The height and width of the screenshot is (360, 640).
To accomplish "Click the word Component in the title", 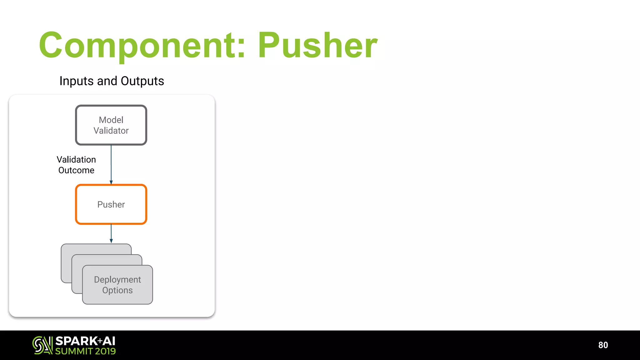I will [x=139, y=46].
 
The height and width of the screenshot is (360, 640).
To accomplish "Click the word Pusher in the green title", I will [x=317, y=46].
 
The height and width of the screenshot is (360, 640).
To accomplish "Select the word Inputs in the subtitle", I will [x=77, y=81].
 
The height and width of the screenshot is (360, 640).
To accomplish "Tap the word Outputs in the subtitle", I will [x=142, y=81].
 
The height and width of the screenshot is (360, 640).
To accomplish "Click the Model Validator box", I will [x=111, y=125].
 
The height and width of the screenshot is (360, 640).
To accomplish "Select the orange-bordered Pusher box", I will [x=111, y=204].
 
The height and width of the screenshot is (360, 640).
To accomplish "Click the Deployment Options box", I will [x=117, y=285].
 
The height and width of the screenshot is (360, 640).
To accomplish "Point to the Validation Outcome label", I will [x=76, y=165].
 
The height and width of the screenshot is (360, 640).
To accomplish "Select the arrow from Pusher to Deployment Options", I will [x=111, y=233].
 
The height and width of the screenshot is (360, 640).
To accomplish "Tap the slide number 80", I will [x=603, y=345].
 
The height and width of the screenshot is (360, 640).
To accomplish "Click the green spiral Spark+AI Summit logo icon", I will [x=42, y=345].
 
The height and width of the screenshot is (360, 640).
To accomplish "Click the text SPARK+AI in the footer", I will [x=85, y=341].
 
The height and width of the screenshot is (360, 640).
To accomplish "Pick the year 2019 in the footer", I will [x=105, y=351].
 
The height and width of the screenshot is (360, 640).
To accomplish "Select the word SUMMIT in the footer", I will [x=74, y=351].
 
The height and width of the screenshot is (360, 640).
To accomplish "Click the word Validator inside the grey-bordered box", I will [x=111, y=131].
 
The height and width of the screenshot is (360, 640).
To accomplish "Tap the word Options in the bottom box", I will [x=117, y=290].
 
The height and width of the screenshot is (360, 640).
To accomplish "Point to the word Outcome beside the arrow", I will [x=76, y=170].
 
